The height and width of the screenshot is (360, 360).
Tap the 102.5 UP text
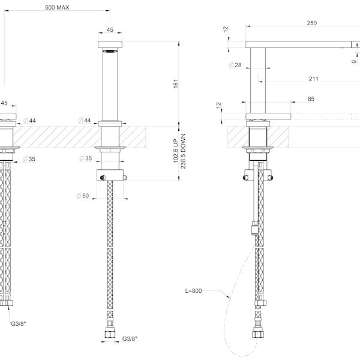pyautogui.click(x=176, y=152)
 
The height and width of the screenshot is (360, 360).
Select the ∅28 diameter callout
pyautogui.click(x=235, y=65)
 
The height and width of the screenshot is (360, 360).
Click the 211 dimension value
pyautogui.click(x=314, y=79)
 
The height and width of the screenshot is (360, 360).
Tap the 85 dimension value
pyautogui.click(x=311, y=100)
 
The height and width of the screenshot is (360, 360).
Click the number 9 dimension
pyautogui.click(x=353, y=60)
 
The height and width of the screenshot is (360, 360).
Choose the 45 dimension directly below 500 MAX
pyautogui.click(x=110, y=29)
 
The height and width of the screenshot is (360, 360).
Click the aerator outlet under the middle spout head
pyautogui.click(x=110, y=52)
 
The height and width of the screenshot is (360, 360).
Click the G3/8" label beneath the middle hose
pyautogui.click(x=129, y=339)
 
